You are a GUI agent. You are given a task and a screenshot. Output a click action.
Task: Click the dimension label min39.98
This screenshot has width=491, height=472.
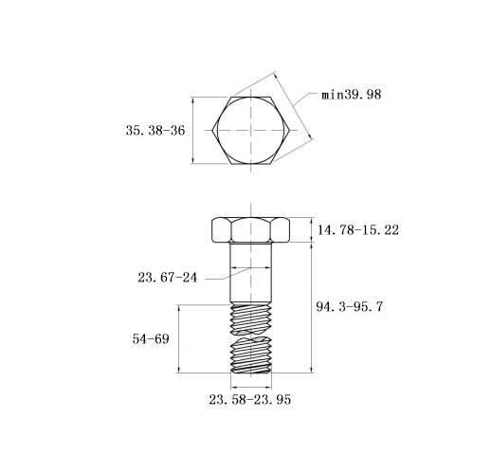[x=352, y=95]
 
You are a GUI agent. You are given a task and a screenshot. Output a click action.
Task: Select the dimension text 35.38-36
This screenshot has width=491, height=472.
[x=155, y=131]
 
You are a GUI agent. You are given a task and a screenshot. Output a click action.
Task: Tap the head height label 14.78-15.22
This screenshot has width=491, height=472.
[x=358, y=230]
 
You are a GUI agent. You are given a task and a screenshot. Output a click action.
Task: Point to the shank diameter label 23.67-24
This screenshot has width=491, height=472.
[x=167, y=278]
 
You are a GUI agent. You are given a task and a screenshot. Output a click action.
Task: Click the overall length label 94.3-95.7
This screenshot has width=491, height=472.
[x=350, y=307]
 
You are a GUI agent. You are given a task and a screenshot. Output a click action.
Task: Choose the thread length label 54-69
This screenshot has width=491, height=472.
[x=151, y=339]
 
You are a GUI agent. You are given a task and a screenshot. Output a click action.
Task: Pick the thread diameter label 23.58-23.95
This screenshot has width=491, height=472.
[x=249, y=400]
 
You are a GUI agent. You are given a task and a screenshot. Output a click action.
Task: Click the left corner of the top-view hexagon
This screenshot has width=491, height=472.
[x=212, y=130]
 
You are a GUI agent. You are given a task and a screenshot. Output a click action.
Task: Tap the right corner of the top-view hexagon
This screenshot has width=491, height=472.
[x=289, y=130]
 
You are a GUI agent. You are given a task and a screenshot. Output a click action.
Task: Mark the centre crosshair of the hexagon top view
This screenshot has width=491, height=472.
[x=251, y=130]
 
